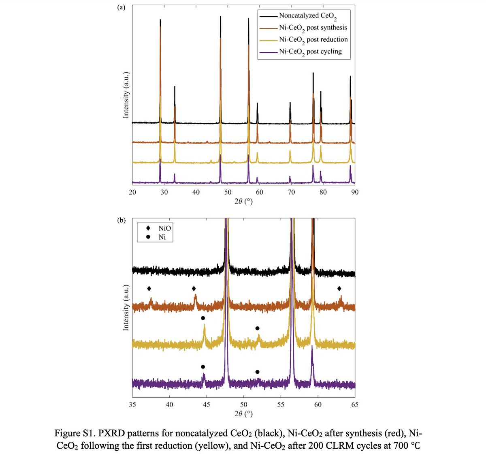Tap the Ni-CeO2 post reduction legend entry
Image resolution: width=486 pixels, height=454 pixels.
(313, 40)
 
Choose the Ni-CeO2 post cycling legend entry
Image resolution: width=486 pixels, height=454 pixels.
(310, 52)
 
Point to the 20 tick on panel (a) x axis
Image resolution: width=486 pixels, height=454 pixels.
(132, 192)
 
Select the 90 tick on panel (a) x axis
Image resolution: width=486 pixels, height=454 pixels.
(355, 192)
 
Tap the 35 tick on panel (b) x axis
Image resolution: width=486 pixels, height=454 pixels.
(132, 405)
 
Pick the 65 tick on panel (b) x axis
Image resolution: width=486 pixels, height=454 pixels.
(355, 405)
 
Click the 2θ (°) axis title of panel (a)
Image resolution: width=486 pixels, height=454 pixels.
(243, 201)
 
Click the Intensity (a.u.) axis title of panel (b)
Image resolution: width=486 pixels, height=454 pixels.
(126, 308)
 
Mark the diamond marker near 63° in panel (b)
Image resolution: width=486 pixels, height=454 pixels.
(339, 289)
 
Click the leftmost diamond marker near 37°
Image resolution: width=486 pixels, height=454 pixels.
(149, 289)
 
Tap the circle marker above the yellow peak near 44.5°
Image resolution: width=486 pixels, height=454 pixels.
(203, 318)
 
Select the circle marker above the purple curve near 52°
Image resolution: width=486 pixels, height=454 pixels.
(257, 372)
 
